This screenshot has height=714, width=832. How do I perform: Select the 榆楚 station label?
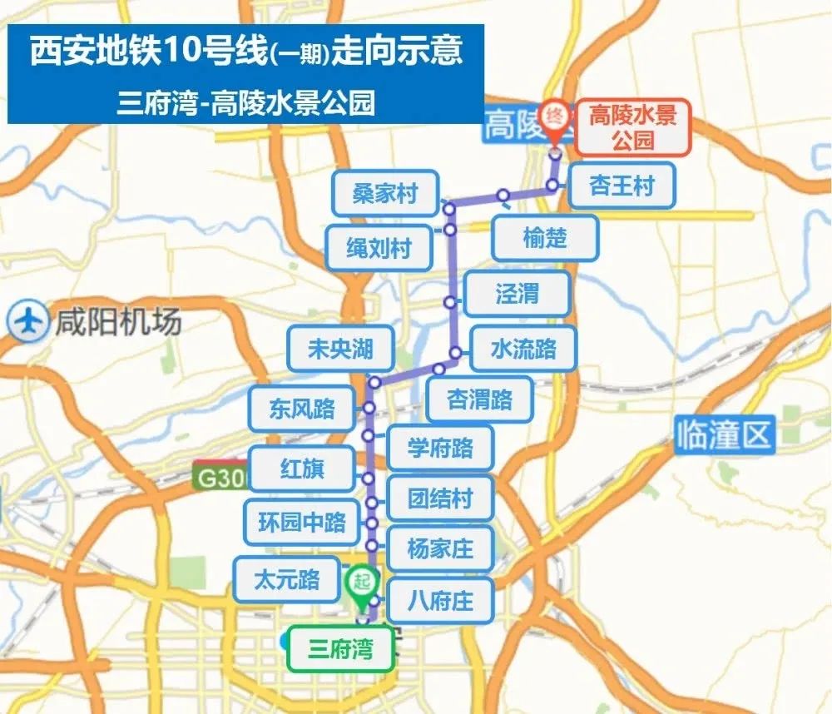[x=545, y=238]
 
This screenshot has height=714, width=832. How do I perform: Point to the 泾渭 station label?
[x=517, y=293]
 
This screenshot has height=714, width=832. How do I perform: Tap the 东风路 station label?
[x=302, y=408]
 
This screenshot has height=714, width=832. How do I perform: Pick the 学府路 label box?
[x=440, y=448]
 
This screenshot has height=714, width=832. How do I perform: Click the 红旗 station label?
[x=302, y=469]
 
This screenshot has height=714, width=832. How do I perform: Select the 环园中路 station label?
[x=302, y=523]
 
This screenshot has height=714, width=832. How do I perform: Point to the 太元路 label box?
[x=287, y=579]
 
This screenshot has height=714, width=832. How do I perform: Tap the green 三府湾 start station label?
[x=339, y=649]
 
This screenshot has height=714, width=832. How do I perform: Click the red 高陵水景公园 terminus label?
[x=632, y=127]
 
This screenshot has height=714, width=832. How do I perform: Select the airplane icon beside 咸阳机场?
[x=28, y=321]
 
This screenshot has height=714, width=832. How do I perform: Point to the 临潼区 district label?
[x=724, y=435]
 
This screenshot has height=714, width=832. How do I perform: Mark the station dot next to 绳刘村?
[x=449, y=229]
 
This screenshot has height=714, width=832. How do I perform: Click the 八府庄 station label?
[x=440, y=599]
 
